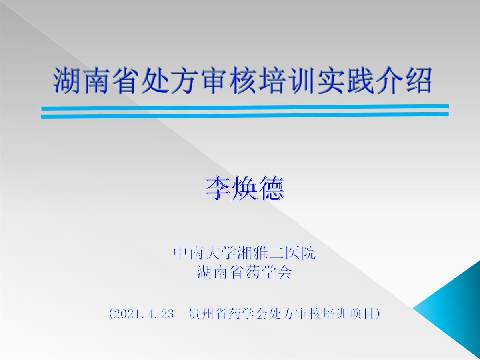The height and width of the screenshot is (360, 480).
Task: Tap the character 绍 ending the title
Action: [418, 80]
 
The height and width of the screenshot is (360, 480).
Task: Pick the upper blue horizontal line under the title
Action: [245, 107]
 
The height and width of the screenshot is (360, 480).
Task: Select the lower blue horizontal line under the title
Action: [245, 116]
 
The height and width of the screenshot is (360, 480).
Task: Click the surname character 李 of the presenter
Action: [218, 188]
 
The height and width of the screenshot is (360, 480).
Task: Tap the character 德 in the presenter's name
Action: [271, 188]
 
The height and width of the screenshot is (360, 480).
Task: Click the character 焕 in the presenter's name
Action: [244, 188]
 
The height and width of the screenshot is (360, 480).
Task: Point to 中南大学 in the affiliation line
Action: [205, 253]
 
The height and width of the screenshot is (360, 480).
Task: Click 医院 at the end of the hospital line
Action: [300, 253]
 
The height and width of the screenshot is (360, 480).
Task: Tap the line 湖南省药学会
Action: [244, 272]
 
